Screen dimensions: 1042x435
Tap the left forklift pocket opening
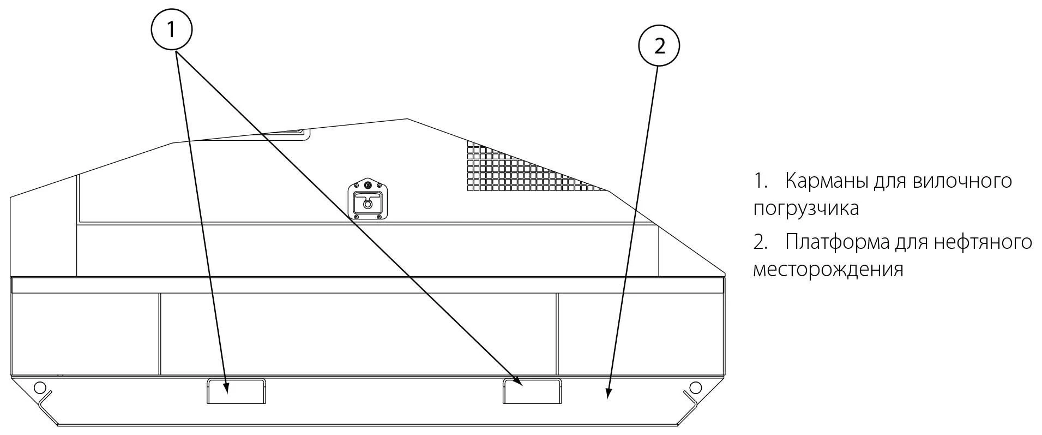click(236, 391)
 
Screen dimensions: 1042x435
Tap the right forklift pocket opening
click(532, 391)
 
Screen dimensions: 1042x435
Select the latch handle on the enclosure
click(368, 199)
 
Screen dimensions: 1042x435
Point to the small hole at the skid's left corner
click(39, 388)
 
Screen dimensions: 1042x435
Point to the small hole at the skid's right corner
click(695, 388)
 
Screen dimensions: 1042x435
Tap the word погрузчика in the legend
click(806, 208)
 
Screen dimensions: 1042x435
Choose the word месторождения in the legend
click(828, 270)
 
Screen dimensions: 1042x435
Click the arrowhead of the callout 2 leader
click(609, 394)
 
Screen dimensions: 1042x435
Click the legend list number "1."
click(761, 181)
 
